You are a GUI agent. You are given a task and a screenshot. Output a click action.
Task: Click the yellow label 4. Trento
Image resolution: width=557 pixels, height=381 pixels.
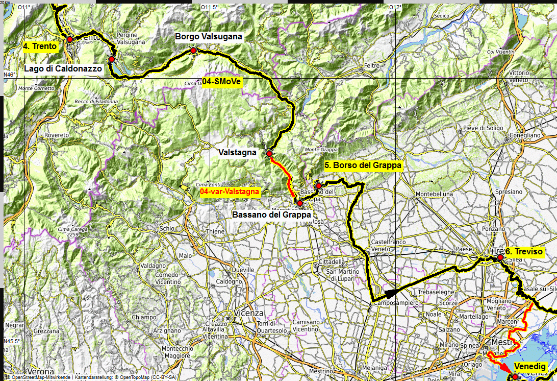point(40,46)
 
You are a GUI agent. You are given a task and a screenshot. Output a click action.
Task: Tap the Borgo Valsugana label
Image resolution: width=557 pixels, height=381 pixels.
point(208,37)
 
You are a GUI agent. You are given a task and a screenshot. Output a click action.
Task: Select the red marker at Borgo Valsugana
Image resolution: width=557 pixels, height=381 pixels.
point(193,51)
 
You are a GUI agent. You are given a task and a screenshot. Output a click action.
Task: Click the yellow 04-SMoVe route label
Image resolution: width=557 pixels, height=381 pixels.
point(221,81)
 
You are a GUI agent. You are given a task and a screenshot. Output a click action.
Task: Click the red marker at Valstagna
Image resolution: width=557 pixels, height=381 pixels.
point(269,153)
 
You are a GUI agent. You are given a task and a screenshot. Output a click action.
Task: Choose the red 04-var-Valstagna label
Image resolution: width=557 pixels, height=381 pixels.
point(230,192)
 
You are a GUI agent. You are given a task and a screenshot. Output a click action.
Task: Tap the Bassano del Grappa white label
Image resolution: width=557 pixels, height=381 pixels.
point(271,215)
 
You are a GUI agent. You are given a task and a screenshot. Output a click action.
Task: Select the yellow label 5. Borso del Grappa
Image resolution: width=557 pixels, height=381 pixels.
point(363,165)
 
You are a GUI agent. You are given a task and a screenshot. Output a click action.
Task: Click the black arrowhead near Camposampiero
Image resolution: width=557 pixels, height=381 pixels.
point(390,293)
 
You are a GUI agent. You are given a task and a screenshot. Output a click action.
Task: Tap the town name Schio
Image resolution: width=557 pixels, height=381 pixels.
point(166,229)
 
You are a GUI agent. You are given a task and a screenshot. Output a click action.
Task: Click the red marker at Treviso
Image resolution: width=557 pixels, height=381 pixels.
point(500,258)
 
